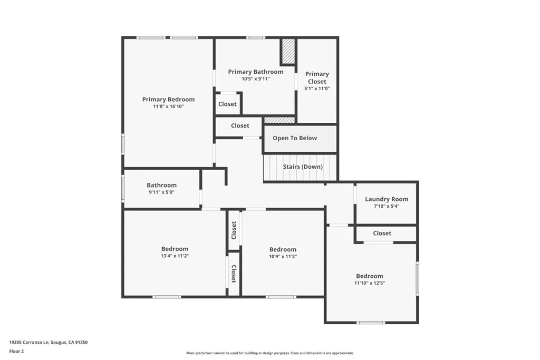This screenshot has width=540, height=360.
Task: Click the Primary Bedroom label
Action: coord(168,99)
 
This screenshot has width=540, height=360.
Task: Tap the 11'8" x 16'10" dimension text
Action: coord(168,106)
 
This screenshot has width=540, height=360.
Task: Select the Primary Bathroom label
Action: coord(255,72)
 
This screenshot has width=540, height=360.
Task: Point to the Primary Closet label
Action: coord(317,77)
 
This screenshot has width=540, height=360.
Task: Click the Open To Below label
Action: coord(295,138)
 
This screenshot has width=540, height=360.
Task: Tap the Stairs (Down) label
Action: coord(303,167)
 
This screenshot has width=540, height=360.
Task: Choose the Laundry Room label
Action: coord(387,199)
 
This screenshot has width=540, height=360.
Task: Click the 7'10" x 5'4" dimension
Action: coord(387,206)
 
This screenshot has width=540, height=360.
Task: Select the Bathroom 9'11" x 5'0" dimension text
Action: coord(161,192)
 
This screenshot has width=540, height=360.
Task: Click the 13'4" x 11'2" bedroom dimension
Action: coord(175,256)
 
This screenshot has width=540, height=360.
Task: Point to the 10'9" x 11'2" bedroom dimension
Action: coord(283,257)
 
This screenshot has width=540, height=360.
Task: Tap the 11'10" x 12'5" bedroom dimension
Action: coord(369,283)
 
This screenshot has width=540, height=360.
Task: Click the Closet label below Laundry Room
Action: coord(382,233)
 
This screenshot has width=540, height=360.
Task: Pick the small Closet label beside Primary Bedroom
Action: coord(227,104)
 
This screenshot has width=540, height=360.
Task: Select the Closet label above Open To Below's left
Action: coord(240,125)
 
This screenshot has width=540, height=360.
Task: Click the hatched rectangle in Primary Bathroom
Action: coord(288,52)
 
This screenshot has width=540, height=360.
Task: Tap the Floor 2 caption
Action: coord(16,351)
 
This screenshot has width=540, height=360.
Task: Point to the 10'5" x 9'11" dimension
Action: coord(255,79)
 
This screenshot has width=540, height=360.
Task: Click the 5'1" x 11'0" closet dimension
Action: coord(317,89)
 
